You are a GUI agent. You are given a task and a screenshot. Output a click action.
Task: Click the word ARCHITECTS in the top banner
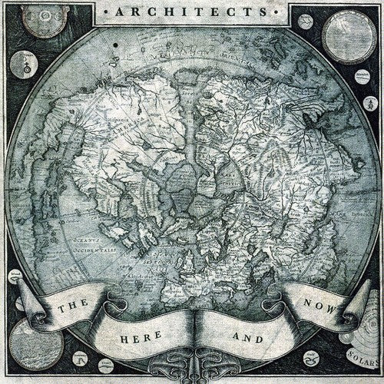coord(192,13)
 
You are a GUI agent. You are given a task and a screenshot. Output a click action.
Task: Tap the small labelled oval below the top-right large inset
coord(361,97)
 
